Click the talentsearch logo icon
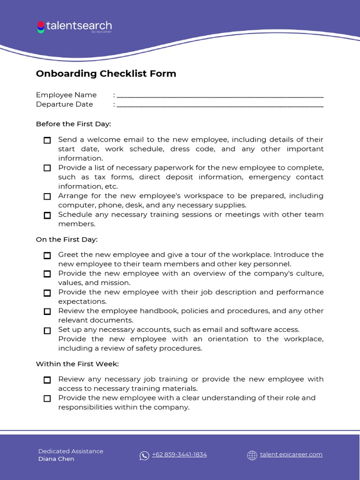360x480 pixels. pyautogui.click(x=41, y=27)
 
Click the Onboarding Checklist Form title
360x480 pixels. pyautogui.click(x=106, y=74)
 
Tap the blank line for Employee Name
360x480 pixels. pyautogui.click(x=220, y=95)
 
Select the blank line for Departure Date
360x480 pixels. pyautogui.click(x=220, y=105)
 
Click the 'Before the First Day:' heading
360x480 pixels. pyautogui.click(x=73, y=124)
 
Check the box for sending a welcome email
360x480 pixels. pyautogui.click(x=47, y=140)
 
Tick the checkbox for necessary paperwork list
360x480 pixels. pyautogui.click(x=47, y=168)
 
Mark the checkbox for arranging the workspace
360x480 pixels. pyautogui.click(x=47, y=196)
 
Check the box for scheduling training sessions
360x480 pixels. pyautogui.click(x=47, y=215)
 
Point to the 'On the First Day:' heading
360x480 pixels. pyautogui.click(x=67, y=240)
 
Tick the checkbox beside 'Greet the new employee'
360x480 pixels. pyautogui.click(x=47, y=255)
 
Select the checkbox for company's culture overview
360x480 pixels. pyautogui.click(x=47, y=274)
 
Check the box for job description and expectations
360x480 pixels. pyautogui.click(x=47, y=293)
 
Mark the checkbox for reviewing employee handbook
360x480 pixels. pyautogui.click(x=47, y=311)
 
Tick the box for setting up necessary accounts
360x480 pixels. pyautogui.click(x=47, y=330)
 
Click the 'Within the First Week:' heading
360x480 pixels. pyautogui.click(x=77, y=364)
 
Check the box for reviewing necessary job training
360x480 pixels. pyautogui.click(x=47, y=380)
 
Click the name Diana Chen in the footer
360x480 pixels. pyautogui.click(x=56, y=459)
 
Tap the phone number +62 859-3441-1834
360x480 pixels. pyautogui.click(x=179, y=455)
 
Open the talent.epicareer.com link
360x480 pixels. pyautogui.click(x=291, y=455)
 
